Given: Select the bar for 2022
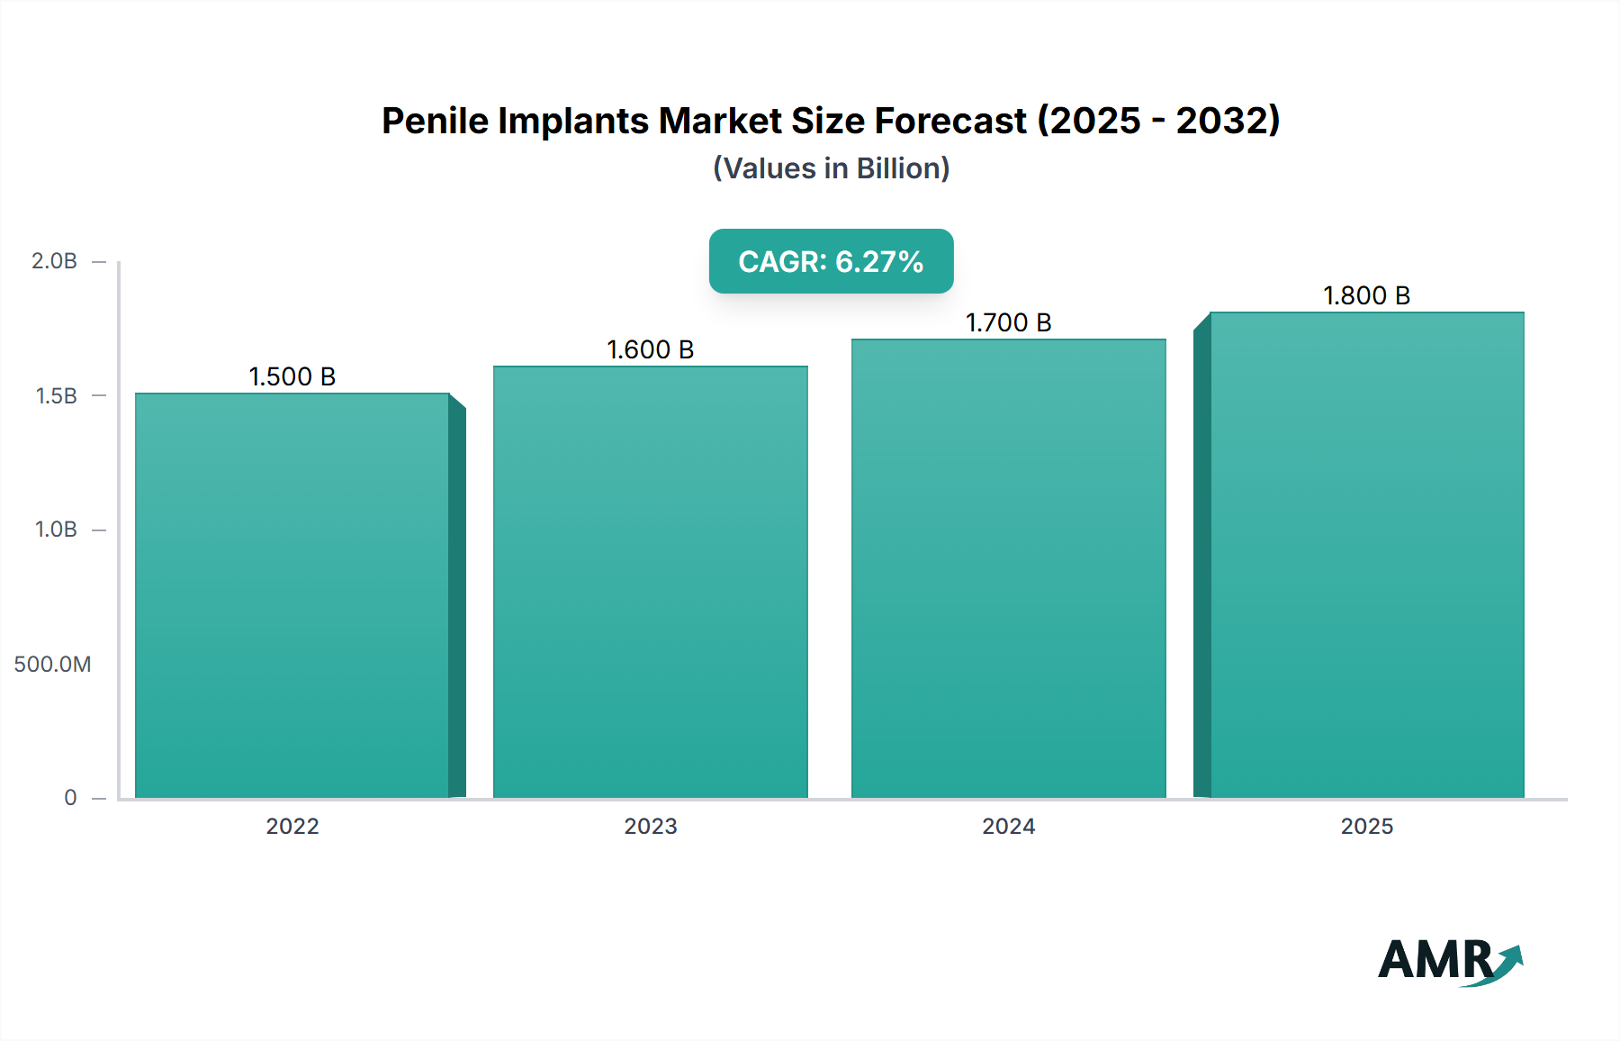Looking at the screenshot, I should click(292, 595).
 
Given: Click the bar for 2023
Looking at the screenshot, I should click(651, 582).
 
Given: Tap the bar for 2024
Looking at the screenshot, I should click(1009, 568).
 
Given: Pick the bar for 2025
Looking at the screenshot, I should click(1366, 555).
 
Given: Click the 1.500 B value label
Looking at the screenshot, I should click(292, 376).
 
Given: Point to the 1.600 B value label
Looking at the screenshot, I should click(651, 349).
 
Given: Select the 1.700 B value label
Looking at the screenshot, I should click(1009, 322).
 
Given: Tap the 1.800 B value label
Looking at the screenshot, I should click(1366, 295).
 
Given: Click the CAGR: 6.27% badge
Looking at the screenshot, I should click(831, 261).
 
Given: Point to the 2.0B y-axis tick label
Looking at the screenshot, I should click(54, 261).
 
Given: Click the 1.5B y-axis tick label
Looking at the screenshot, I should click(56, 395).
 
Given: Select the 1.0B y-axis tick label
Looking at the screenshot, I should click(56, 530).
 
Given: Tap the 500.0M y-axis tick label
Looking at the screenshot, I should click(52, 664).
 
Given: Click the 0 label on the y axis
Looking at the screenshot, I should click(70, 797).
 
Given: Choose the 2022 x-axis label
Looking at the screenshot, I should click(292, 826).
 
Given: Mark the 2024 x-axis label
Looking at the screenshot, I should click(1009, 826).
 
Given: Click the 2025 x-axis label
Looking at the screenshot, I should click(1366, 826).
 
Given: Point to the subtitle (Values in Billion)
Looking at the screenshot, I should click(831, 168).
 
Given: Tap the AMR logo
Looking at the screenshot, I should click(1449, 960).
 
